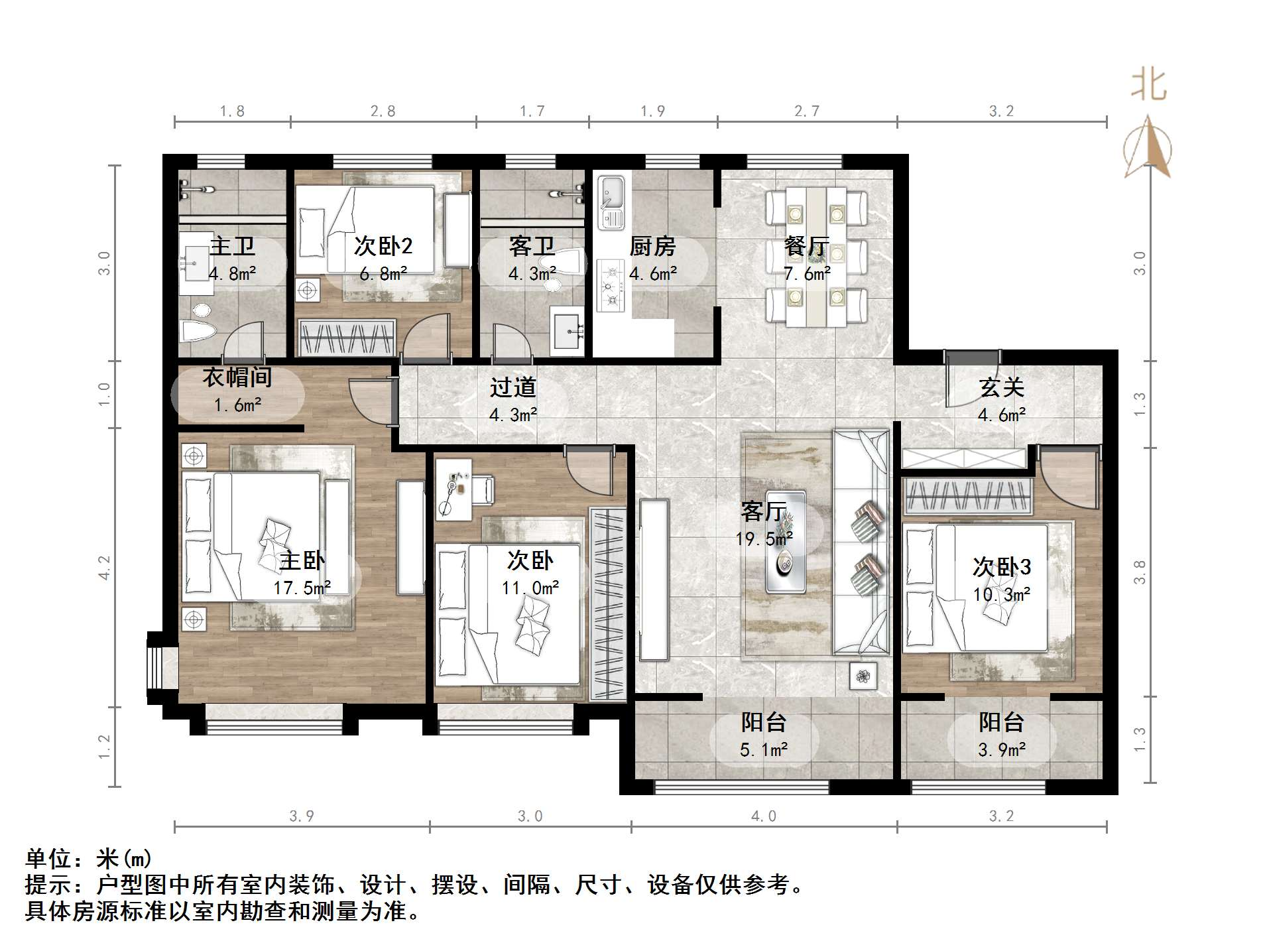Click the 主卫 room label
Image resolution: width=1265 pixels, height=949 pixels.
coord(232,247)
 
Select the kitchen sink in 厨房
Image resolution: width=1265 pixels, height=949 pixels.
coord(610,201)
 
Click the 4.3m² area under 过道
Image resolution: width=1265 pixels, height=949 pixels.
coord(512,415)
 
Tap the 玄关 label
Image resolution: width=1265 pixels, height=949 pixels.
coord(1001,388)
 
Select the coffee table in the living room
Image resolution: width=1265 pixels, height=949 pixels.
coord(786,541)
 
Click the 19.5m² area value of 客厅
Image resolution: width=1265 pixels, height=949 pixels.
coord(763,538)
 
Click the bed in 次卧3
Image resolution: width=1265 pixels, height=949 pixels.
coord(975,587)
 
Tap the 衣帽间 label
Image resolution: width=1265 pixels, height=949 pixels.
coord(237,377)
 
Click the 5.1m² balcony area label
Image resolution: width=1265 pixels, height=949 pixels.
coord(763,750)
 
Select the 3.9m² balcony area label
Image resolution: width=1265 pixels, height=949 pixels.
coord(1001,750)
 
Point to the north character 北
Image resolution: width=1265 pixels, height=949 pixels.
coord(1148,85)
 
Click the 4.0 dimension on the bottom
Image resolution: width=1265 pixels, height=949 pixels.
coord(763,816)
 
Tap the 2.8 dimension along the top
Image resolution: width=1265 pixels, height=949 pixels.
coord(383,111)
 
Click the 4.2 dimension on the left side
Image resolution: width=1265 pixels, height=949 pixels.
coord(105,568)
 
